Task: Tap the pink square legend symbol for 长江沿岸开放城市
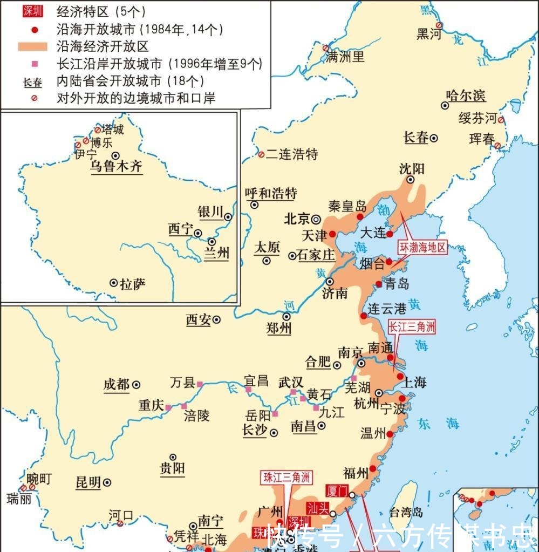coord(35,64)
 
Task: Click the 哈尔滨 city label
coord(466,96)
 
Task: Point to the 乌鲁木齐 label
coord(115,166)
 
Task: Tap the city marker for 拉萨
coord(113,283)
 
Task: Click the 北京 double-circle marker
coord(316,219)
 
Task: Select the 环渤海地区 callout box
coord(423,248)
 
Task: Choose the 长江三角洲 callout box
coord(412,326)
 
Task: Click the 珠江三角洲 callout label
coord(287,477)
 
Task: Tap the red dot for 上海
coord(400,377)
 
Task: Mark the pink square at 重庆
coord(168,407)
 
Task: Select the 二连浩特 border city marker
coord(261,155)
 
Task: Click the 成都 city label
coord(117,385)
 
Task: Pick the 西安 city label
coord(198,320)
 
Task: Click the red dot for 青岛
coord(379,284)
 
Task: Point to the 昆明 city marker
coord(108,482)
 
